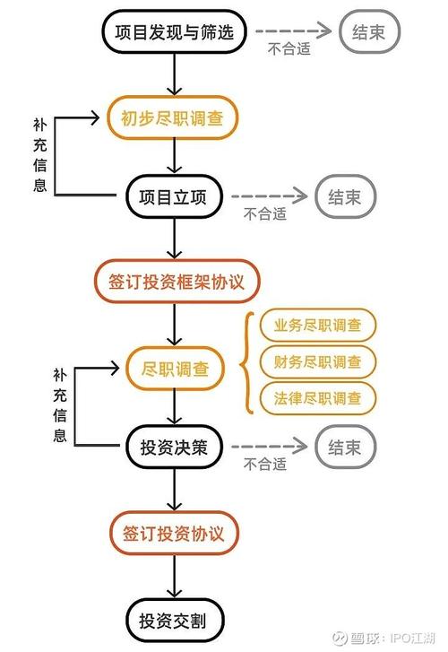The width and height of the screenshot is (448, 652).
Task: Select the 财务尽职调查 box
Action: pyautogui.click(x=317, y=362)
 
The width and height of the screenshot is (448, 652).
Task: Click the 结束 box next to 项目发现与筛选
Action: pyautogui.click(x=370, y=34)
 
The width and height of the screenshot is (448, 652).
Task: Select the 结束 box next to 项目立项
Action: pyautogui.click(x=345, y=197)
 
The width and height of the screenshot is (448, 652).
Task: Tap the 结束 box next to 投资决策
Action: pyautogui.click(x=345, y=448)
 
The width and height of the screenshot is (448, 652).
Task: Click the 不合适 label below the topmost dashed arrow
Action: pyautogui.click(x=289, y=50)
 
